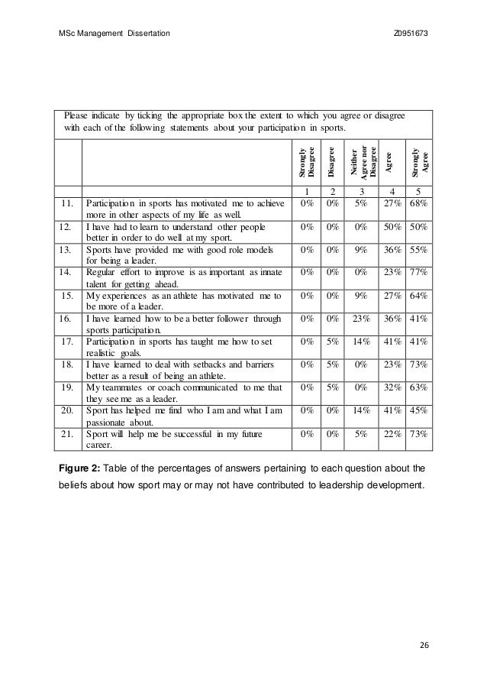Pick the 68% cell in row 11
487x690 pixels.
(x=418, y=203)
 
